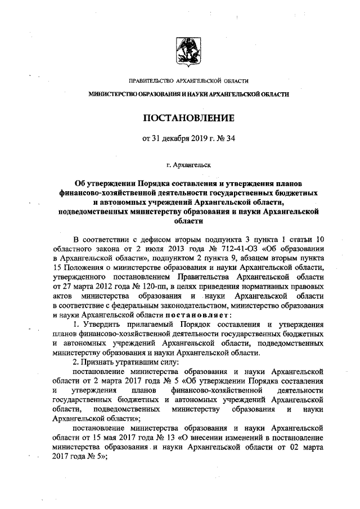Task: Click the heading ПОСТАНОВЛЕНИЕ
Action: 188,118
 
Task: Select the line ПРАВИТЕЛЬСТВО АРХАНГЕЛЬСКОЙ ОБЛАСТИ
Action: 188,82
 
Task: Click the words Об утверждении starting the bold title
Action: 105,183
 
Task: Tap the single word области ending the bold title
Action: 188,222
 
